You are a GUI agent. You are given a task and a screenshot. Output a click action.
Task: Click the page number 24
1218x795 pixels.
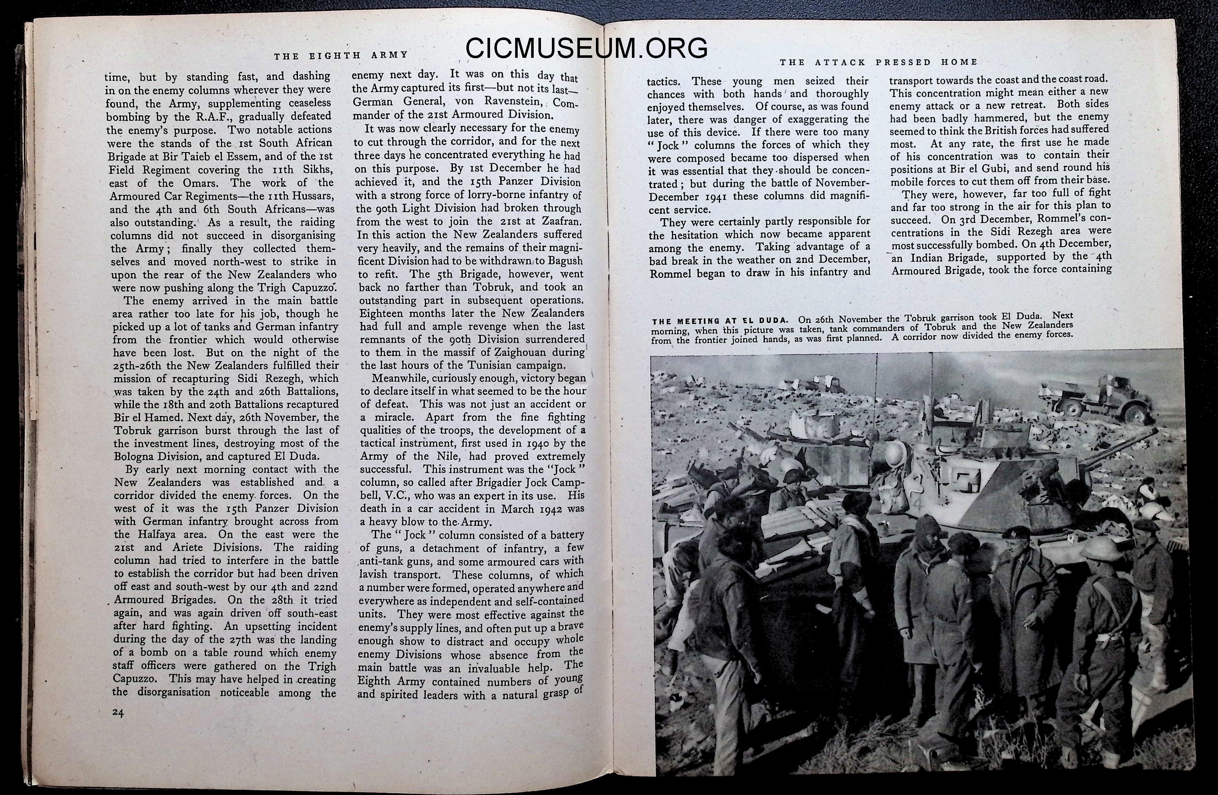click(x=118, y=713)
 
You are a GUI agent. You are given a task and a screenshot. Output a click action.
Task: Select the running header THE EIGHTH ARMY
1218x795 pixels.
click(x=341, y=55)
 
